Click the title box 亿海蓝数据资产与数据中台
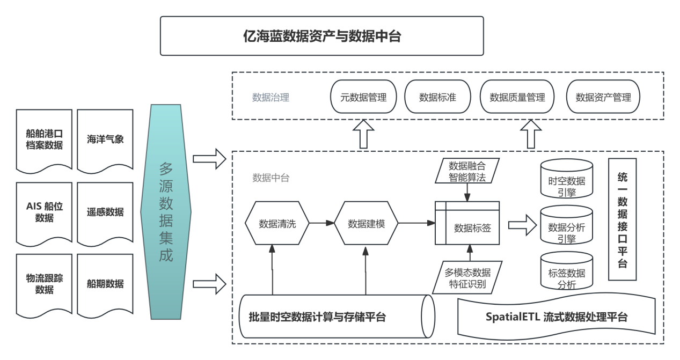click(322, 36)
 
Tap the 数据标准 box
click(437, 97)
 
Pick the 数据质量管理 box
click(517, 97)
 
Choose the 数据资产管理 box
click(603, 97)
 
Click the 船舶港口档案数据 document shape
click(44, 139)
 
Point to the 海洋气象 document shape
click(105, 139)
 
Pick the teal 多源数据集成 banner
click(166, 212)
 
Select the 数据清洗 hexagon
click(277, 224)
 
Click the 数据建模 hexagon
click(366, 224)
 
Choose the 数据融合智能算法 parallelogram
click(467, 171)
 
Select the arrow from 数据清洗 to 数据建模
click(322, 223)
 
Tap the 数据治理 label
click(270, 98)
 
